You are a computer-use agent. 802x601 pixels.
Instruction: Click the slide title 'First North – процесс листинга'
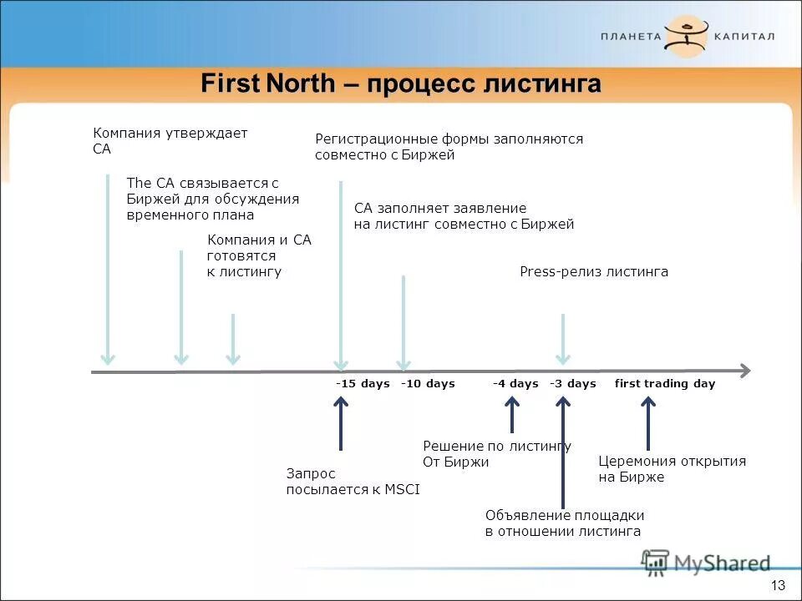(401, 84)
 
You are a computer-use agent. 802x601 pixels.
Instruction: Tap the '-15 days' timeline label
(363, 384)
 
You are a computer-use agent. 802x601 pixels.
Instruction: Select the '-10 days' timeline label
(428, 384)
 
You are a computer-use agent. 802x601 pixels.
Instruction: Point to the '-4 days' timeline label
(515, 384)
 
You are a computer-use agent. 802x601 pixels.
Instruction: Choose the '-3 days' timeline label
(573, 384)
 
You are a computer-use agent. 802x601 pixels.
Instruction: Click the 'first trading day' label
(665, 384)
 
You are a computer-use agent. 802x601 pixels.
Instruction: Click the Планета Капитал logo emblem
(687, 36)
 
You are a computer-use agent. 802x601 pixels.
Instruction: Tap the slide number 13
(779, 584)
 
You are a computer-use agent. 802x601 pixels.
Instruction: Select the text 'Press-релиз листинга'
(594, 272)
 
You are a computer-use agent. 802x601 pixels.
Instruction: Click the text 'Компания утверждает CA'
(170, 141)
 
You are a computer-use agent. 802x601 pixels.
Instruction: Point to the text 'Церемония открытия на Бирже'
(672, 469)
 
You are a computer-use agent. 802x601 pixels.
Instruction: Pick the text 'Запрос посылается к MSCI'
(353, 482)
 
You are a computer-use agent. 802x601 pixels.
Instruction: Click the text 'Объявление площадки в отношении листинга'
(564, 523)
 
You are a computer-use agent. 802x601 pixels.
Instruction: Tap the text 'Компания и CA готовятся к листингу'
(258, 255)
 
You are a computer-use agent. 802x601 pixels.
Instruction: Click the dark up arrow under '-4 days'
(512, 414)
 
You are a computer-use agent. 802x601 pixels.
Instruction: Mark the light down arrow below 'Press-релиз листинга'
(563, 339)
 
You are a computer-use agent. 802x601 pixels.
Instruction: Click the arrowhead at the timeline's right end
(744, 371)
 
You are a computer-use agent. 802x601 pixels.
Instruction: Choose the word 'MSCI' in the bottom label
(403, 490)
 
